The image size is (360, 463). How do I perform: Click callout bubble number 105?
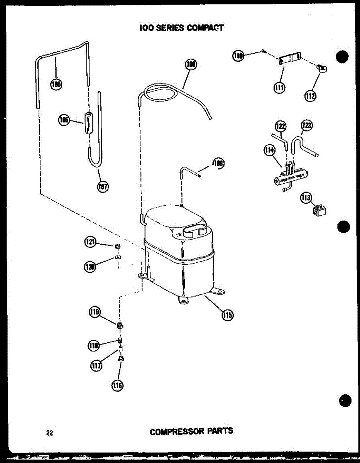[57, 84]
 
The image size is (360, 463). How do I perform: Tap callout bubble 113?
[306, 198]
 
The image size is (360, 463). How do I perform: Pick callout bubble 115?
[227, 315]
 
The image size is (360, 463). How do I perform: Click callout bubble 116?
[118, 385]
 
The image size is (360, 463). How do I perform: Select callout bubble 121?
[90, 243]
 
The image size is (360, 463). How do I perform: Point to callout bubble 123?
[307, 125]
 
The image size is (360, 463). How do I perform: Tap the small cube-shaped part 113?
[321, 210]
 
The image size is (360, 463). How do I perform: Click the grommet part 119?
[120, 326]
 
